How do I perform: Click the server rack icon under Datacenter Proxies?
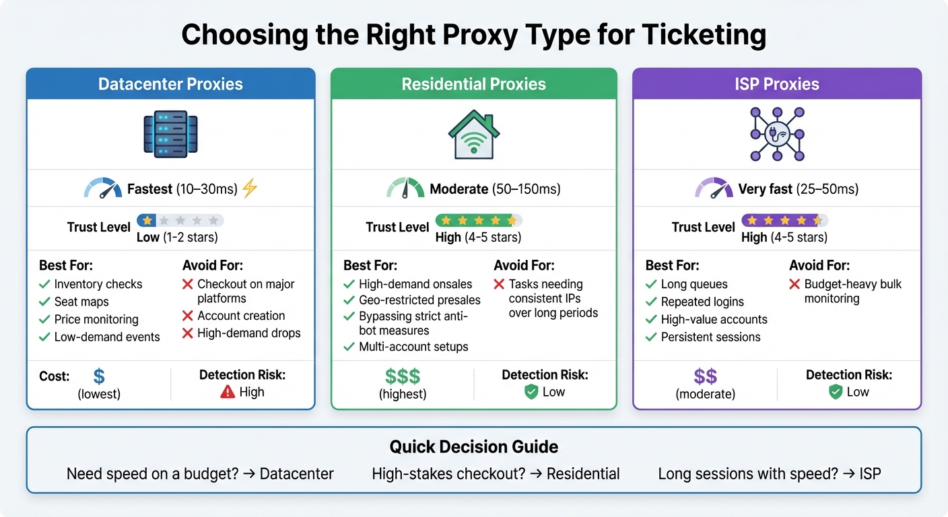(x=170, y=134)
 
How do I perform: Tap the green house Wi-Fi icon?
(x=473, y=134)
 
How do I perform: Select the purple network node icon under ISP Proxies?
(x=777, y=134)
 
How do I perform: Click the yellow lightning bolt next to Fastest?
(x=250, y=188)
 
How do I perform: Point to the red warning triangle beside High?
(x=228, y=392)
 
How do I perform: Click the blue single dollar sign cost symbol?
(x=100, y=376)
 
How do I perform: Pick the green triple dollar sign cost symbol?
(x=403, y=376)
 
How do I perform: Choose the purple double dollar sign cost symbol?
(x=705, y=376)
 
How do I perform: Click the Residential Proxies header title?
(x=473, y=84)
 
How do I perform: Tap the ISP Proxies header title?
(x=777, y=84)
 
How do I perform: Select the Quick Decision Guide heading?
(x=473, y=446)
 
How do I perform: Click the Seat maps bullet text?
(x=81, y=302)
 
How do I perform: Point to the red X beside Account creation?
(x=188, y=316)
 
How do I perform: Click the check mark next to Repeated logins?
(x=650, y=302)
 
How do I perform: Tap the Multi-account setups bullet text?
(x=413, y=347)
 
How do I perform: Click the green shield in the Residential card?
(x=531, y=392)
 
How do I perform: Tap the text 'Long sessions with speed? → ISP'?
(x=770, y=474)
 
